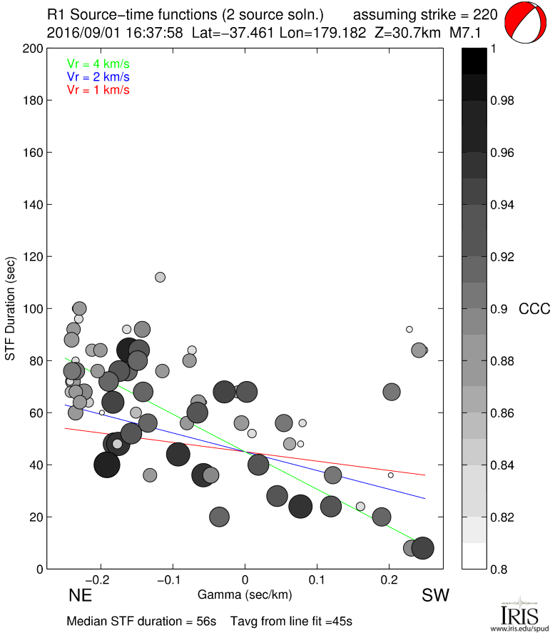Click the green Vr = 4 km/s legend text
[98, 64]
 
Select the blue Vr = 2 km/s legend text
[98, 76]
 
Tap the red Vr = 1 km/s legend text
[98, 89]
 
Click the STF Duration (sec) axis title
[11, 308]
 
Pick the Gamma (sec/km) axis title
[245, 594]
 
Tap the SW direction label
[436, 596]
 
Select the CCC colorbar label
[534, 309]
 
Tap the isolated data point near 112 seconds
[161, 277]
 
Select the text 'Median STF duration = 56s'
[141, 621]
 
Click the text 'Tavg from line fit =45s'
[291, 621]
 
